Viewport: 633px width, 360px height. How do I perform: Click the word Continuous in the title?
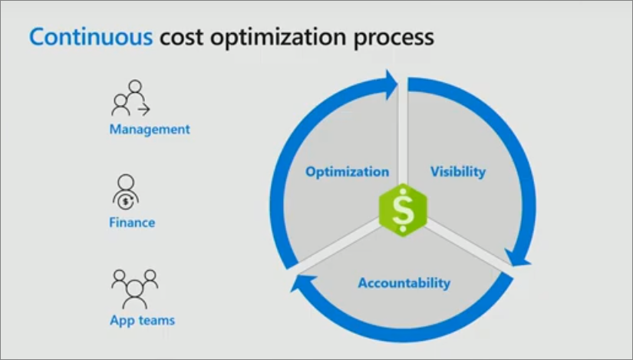click(91, 36)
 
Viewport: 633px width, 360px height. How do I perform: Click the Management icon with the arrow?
click(131, 97)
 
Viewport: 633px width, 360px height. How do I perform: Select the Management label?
click(150, 129)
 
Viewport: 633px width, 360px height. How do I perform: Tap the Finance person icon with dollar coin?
click(126, 193)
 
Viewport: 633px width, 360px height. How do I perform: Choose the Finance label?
click(132, 223)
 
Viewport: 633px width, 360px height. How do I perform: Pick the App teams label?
click(142, 319)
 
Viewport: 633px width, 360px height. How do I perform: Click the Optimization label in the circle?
click(347, 172)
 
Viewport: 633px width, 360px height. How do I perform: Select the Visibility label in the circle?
click(458, 171)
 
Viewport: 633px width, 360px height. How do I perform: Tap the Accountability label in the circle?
click(404, 283)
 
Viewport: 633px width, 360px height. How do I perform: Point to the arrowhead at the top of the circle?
click(391, 83)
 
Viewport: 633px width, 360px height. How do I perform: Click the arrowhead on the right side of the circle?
click(519, 256)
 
